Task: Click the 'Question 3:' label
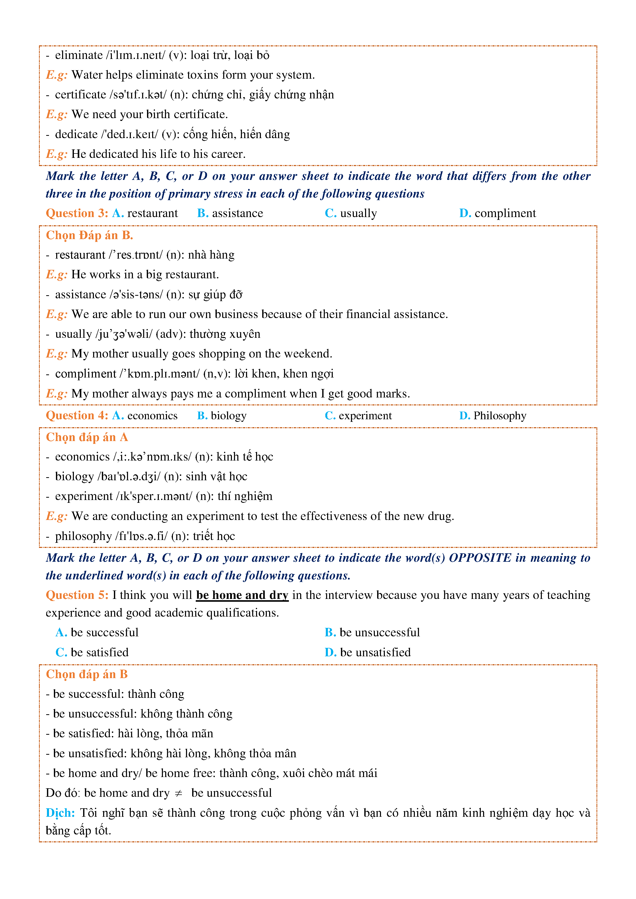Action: [77, 213]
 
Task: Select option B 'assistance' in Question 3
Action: [230, 213]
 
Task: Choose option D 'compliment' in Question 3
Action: [498, 213]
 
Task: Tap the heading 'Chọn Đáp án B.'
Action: [89, 235]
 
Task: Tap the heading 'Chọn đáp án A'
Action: [87, 437]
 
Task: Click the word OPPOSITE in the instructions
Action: [480, 558]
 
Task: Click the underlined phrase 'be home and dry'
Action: [242, 595]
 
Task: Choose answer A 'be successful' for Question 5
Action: [97, 632]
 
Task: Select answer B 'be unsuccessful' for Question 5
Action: [372, 632]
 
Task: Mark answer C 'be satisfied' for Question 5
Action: [92, 652]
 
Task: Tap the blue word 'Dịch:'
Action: [60, 813]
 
